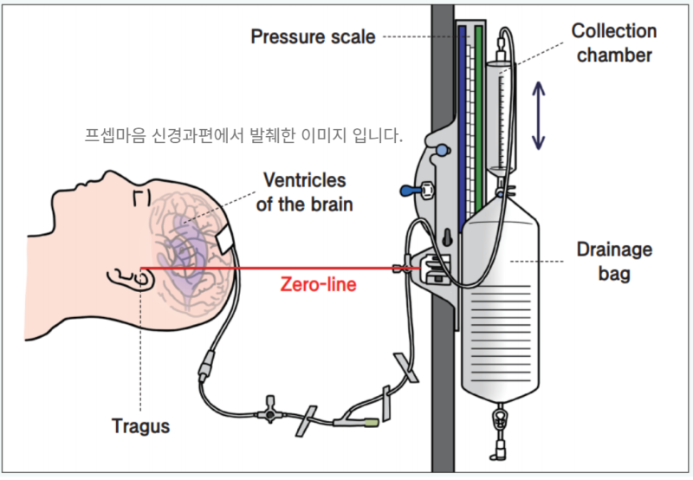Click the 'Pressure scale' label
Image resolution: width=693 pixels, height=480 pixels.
pyautogui.click(x=313, y=36)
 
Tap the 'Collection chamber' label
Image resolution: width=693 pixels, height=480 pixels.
pyautogui.click(x=613, y=43)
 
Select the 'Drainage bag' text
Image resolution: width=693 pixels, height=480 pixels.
pyautogui.click(x=613, y=262)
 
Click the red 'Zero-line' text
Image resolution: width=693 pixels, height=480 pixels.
pyautogui.click(x=317, y=284)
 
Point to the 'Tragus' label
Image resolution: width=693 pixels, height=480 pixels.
pyautogui.click(x=140, y=426)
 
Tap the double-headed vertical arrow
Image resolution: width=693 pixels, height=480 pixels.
pyautogui.click(x=539, y=115)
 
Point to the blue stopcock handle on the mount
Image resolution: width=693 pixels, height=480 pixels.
pyautogui.click(x=411, y=191)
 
